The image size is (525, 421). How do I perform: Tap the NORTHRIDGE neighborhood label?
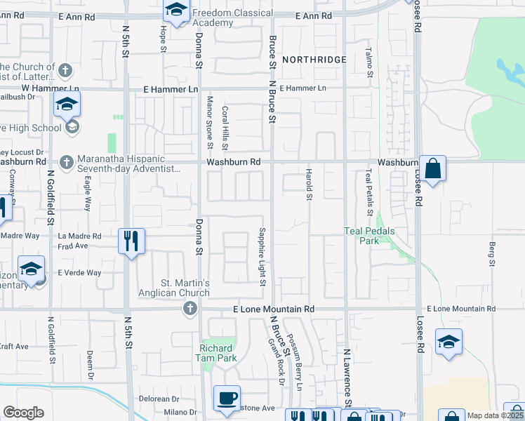click(x=314, y=60)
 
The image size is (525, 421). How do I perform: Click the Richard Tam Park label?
click(x=217, y=353)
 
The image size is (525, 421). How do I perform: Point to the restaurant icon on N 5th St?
click(x=131, y=241)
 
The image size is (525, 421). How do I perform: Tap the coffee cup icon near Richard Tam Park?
click(x=227, y=398)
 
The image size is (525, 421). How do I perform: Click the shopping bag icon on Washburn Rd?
click(x=432, y=168)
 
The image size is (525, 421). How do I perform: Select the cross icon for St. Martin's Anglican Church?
click(x=190, y=309)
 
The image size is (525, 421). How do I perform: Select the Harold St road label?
click(x=308, y=184)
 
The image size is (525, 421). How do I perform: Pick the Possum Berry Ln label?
click(x=295, y=365)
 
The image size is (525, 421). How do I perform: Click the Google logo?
click(x=24, y=413)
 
